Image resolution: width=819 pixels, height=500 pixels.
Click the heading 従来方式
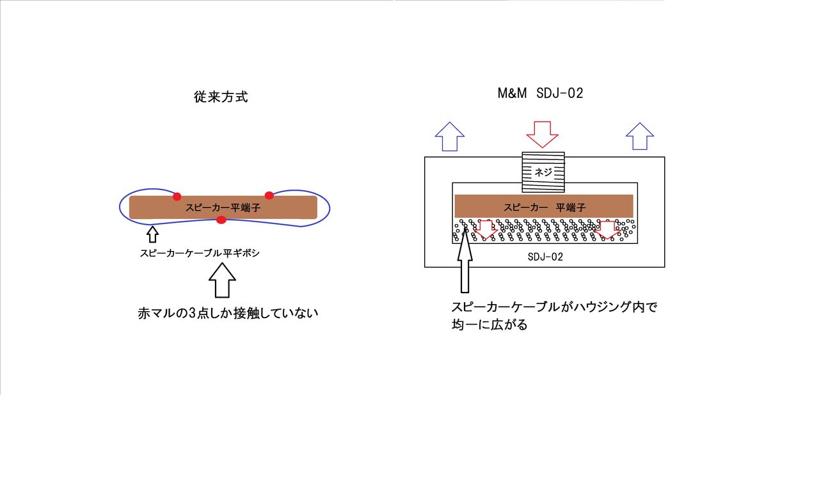pyautogui.click(x=221, y=97)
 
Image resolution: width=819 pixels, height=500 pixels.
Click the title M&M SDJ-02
pyautogui.click(x=540, y=93)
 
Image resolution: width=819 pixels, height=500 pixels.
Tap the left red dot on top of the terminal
pyautogui.click(x=177, y=197)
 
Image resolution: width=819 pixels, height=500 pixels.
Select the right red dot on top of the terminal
pyautogui.click(x=269, y=195)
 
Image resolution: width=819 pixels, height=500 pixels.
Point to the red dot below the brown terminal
pyautogui.click(x=221, y=220)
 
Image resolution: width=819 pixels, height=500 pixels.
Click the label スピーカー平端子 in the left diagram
pyautogui.click(x=223, y=208)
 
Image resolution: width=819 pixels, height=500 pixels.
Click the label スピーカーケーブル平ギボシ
pyautogui.click(x=200, y=253)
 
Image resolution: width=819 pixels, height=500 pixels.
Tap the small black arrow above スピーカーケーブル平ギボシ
pyautogui.click(x=152, y=234)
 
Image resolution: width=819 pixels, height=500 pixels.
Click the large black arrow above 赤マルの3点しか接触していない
pyautogui.click(x=222, y=280)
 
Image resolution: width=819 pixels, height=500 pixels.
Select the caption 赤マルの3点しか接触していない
pyautogui.click(x=228, y=314)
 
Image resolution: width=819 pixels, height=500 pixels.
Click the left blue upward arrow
pyautogui.click(x=450, y=136)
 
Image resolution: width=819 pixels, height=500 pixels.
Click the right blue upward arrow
pyautogui.click(x=640, y=136)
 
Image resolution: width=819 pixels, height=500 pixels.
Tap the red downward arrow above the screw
pyautogui.click(x=542, y=134)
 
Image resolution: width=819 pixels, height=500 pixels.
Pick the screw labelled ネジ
pyautogui.click(x=543, y=172)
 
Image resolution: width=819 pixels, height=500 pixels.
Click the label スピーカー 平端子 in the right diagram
pyautogui.click(x=545, y=207)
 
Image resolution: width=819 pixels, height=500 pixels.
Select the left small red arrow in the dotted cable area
pyautogui.click(x=486, y=230)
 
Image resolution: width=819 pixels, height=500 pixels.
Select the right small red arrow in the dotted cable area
pyautogui.click(x=607, y=230)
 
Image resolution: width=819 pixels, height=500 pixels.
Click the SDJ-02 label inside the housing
pyautogui.click(x=545, y=257)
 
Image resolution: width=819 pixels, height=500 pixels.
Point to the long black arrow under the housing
pyautogui.click(x=465, y=261)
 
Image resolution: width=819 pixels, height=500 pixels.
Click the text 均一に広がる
pyautogui.click(x=489, y=325)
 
